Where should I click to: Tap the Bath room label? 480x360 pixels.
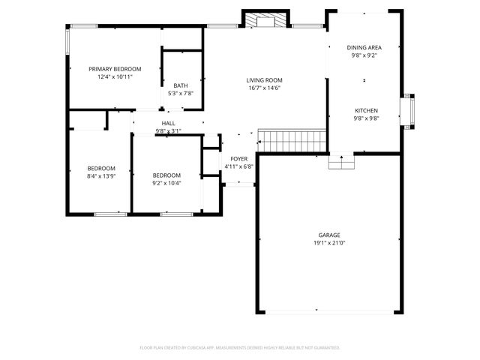[181, 85]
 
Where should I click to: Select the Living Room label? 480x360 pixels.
[264, 80]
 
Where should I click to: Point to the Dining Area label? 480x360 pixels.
[364, 47]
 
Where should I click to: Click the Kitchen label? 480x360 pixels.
[366, 110]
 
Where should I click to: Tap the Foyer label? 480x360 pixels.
[238, 159]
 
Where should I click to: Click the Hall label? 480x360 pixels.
[169, 123]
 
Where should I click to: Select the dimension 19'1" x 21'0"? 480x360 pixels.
[329, 243]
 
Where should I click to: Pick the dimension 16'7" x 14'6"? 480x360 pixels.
[264, 88]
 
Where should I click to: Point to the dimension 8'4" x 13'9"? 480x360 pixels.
[101, 175]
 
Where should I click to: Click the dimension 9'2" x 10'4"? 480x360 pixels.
[166, 182]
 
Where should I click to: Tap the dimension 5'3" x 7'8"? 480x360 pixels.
[181, 93]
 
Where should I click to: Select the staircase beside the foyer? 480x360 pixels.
[292, 139]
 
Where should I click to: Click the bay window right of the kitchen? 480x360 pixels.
[409, 110]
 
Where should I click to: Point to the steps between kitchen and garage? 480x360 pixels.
[341, 161]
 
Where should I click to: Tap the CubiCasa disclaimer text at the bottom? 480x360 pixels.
[240, 347]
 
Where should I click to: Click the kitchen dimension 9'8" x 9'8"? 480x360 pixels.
[366, 118]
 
